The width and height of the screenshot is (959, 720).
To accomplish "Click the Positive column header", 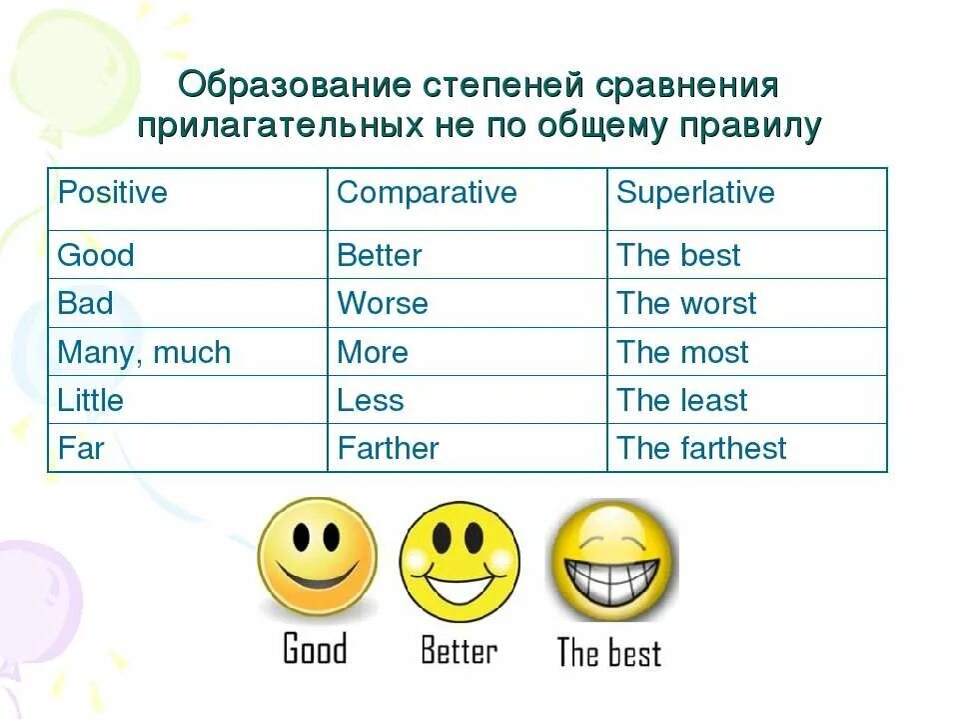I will point(113,192).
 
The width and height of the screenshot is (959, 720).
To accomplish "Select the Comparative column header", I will point(427,192).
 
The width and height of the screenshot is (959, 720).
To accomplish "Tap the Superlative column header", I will point(695,192).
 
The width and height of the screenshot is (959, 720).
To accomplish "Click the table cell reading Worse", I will point(383,303).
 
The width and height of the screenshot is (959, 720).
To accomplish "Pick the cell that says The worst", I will point(686,303).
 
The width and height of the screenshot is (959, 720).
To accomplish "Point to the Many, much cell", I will point(144,352).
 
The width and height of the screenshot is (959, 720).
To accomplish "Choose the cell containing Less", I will point(371,400).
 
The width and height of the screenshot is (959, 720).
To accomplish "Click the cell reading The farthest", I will point(701,448).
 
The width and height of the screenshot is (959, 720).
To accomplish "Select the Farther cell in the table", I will point(388,448).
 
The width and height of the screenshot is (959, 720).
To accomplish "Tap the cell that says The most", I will point(682,352).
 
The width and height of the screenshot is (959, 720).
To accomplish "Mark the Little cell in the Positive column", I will point(91,400).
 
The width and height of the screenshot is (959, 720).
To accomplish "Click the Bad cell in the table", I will point(86,303).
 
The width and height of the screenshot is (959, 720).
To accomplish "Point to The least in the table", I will point(682,400).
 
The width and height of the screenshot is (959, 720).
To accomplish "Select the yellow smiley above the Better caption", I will point(460,560).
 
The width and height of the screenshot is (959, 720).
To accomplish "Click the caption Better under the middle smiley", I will point(459,651).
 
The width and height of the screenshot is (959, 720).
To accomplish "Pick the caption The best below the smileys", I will point(608,653).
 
